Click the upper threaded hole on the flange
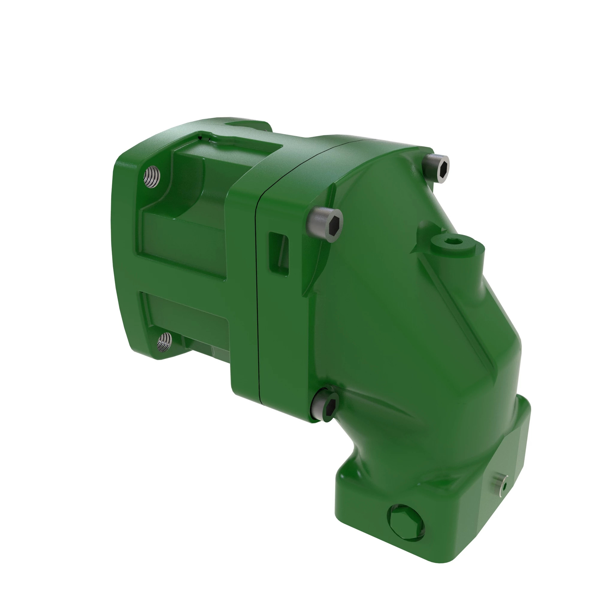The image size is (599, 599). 152,176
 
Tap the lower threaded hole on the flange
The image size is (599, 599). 164,342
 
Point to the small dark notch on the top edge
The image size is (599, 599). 203,137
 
